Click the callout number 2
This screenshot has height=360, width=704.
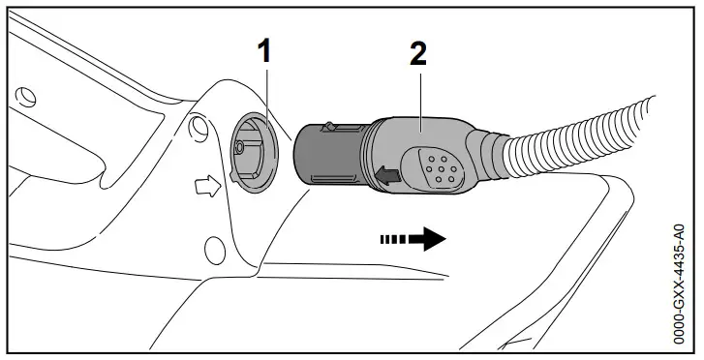417,53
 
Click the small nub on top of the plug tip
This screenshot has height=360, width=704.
330,126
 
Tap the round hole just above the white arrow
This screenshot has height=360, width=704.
199,125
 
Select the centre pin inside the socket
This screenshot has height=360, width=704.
238,149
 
